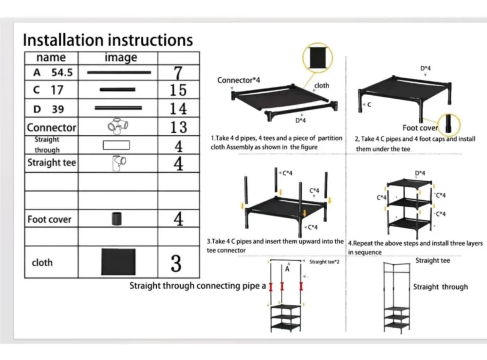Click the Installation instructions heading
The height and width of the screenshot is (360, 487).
pyautogui.click(x=108, y=40)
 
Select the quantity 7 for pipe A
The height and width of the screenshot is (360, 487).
pyautogui.click(x=178, y=72)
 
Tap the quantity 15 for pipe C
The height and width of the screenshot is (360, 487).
pyautogui.click(x=178, y=90)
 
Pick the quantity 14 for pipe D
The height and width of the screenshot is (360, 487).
pyautogui.click(x=178, y=108)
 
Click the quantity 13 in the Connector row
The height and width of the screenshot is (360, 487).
pyautogui.click(x=178, y=127)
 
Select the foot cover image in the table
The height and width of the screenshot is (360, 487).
pyautogui.click(x=117, y=219)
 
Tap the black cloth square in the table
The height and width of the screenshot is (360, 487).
pyautogui.click(x=118, y=262)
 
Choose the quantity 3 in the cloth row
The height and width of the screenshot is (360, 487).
pyautogui.click(x=176, y=263)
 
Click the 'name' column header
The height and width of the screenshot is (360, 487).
pyautogui.click(x=51, y=58)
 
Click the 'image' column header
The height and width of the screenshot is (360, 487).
pyautogui.click(x=121, y=58)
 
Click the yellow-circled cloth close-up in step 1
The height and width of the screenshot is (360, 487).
pyautogui.click(x=317, y=58)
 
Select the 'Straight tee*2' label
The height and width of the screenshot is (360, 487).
pyautogui.click(x=324, y=262)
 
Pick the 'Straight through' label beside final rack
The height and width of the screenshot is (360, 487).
pyautogui.click(x=440, y=287)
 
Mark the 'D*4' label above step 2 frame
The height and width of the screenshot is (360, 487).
pyautogui.click(x=425, y=68)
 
